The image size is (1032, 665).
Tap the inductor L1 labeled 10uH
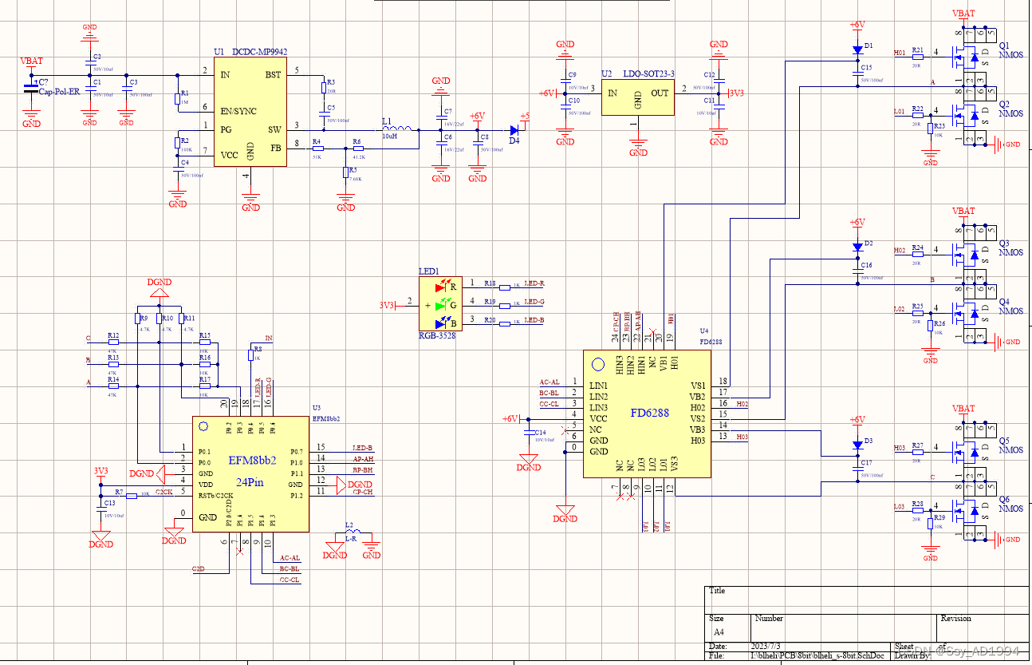(x=396, y=129)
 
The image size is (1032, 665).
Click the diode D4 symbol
(x=514, y=129)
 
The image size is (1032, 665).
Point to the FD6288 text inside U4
(x=649, y=414)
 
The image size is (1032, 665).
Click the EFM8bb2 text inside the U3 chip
(x=253, y=461)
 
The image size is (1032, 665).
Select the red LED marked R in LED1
(x=441, y=286)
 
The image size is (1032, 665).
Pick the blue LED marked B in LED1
(x=441, y=323)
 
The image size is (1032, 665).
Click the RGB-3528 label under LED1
(x=437, y=336)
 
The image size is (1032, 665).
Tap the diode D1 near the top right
(x=857, y=49)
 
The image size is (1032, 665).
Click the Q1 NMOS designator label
(x=1009, y=49)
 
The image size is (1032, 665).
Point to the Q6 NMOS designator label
(x=1009, y=504)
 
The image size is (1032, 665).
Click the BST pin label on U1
(x=272, y=74)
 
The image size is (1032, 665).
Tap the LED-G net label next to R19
(x=534, y=302)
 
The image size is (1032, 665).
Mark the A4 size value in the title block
(x=719, y=631)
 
